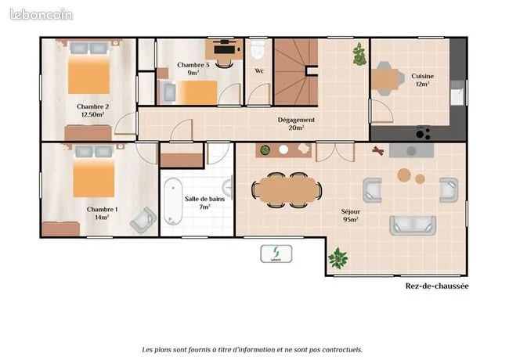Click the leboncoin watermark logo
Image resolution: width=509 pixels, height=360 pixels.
pos(42,15)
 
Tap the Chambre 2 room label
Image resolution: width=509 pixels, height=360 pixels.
pos(93,110)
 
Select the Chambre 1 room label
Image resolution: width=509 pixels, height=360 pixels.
pos(102,213)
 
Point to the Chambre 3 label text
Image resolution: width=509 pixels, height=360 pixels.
pos(193,69)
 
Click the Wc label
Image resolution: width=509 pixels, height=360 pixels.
pos(259,70)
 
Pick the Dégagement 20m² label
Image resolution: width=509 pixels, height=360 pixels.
pos(296,124)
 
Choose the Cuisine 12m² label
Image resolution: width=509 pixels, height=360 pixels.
pos(422,80)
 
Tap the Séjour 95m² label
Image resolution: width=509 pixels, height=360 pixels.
pos(351,215)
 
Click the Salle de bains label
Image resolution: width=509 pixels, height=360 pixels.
pos(204,203)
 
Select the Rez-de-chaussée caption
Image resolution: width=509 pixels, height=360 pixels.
pos(437,286)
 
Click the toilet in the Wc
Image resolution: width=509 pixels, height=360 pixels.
pos(258,49)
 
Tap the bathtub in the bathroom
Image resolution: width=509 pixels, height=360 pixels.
pos(173,201)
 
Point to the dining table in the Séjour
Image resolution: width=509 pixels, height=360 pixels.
pos(287,189)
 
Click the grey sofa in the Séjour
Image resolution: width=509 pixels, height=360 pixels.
pos(413,225)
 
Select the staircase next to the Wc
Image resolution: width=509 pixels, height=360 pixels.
pos(296,72)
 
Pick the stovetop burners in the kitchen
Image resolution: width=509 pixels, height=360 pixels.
pos(423,133)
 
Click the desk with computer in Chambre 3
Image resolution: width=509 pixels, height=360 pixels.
pos(224,49)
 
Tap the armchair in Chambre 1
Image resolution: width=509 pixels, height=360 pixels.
pos(143,220)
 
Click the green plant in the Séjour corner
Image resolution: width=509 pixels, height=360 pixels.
pos(338,258)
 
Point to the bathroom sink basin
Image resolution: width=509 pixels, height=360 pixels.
pos(228,188)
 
